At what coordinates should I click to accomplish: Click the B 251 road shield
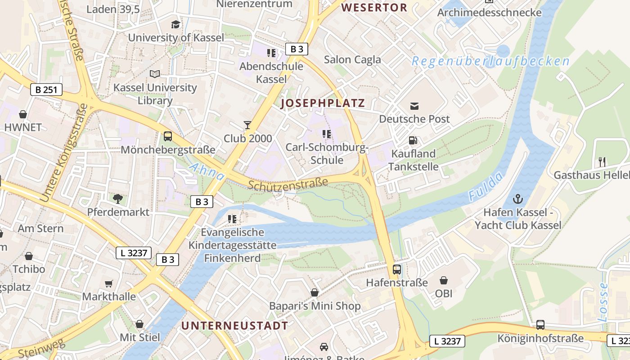click(x=46, y=90)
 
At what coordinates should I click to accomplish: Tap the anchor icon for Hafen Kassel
click(x=518, y=198)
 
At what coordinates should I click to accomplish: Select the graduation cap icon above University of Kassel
click(x=175, y=24)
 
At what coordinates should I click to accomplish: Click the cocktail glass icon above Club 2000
click(x=247, y=125)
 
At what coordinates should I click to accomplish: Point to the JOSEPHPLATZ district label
click(x=322, y=103)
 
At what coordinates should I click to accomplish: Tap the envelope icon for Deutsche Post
click(x=414, y=106)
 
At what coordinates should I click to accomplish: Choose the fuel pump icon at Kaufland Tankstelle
click(x=413, y=140)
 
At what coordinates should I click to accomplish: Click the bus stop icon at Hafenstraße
click(x=397, y=270)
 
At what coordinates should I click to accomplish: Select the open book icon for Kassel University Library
click(x=155, y=74)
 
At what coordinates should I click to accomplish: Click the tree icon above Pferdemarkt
click(x=118, y=198)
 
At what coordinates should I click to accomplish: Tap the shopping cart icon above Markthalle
click(x=108, y=283)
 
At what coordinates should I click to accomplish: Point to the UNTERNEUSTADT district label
click(x=234, y=326)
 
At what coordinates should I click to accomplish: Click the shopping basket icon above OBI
click(x=444, y=280)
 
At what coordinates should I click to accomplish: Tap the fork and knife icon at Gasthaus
click(x=602, y=162)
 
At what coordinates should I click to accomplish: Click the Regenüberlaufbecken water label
click(x=490, y=61)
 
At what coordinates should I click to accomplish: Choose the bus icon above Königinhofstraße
click(x=540, y=325)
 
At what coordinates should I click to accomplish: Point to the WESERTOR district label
click(x=374, y=8)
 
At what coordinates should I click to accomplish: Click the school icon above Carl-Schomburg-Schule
click(x=327, y=134)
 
